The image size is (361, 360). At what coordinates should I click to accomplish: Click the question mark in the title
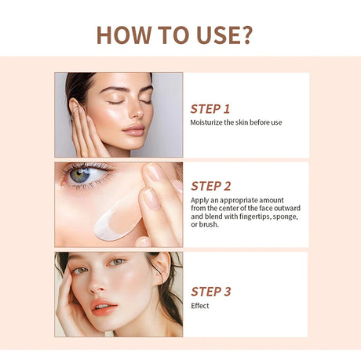pos(246,35)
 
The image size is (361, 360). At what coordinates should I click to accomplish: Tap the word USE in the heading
pos(215,35)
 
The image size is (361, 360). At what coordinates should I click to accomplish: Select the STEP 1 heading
pos(210,109)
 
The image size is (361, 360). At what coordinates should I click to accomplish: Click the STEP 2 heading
pos(211,186)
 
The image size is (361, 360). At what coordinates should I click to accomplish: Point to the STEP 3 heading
pos(211,292)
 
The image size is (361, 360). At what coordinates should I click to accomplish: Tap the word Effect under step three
pos(200,306)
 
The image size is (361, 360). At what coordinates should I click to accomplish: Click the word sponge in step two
pos(285,216)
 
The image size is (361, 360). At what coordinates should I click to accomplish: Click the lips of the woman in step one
pos(133,130)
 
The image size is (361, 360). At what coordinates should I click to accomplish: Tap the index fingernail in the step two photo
pos(154,172)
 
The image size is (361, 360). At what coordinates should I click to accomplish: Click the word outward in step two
pos(287,208)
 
